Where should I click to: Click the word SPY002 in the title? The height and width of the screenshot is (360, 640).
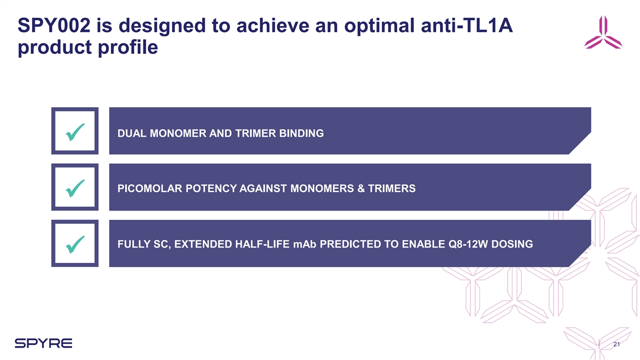tap(54, 26)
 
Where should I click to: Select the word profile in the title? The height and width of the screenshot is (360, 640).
tap(128, 47)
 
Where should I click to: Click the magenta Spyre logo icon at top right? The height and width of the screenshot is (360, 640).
tap(603, 33)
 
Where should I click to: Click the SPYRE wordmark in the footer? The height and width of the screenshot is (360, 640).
tap(43, 343)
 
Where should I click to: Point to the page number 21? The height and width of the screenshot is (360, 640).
tap(617, 344)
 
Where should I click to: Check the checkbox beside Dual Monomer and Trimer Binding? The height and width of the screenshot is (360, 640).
tap(75, 131)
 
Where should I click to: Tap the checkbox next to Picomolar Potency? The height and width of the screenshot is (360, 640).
tap(75, 187)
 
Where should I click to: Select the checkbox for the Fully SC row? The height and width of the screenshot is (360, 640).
tap(75, 243)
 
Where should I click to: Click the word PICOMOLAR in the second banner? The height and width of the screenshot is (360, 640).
tap(150, 189)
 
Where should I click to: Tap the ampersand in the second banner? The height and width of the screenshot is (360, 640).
tap(361, 189)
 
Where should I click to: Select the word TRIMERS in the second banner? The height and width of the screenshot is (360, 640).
tap(391, 189)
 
